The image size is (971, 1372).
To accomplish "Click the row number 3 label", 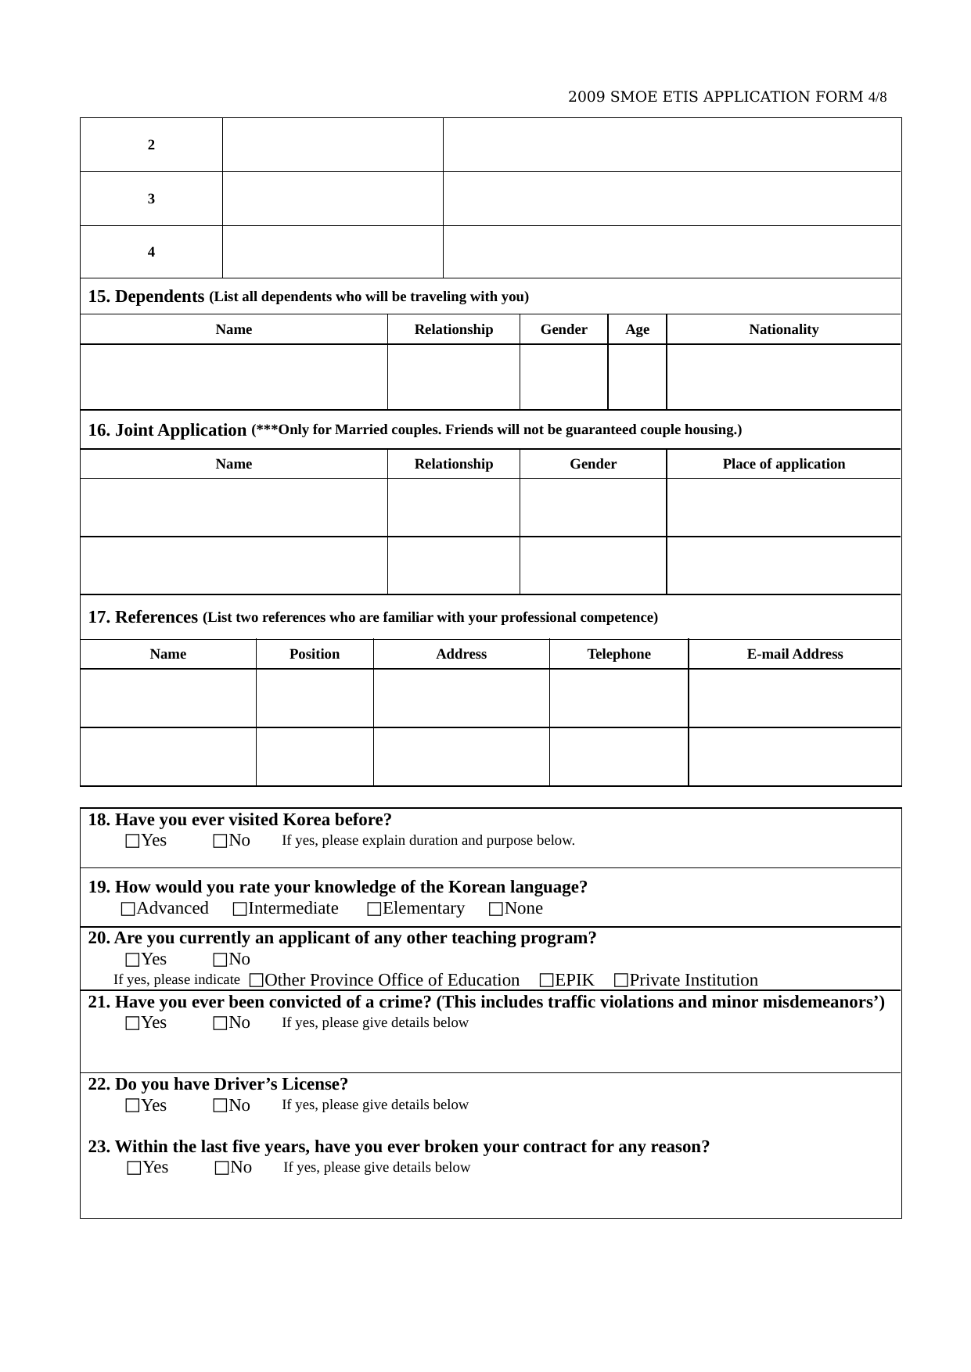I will click(151, 199).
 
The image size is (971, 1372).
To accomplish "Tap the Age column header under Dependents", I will click(637, 329).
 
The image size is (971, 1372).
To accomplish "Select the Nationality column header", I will click(783, 329).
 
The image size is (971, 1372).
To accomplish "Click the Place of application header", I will click(783, 464).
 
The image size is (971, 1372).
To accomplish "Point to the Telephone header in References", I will click(618, 654).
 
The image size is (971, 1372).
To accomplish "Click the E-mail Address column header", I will click(794, 654).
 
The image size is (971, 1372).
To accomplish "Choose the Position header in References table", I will click(315, 654).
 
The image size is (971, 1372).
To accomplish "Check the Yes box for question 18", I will click(132, 841).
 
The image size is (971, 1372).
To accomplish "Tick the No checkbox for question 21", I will click(221, 1023).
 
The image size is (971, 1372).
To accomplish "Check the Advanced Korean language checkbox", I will click(128, 909).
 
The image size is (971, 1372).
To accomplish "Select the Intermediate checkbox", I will click(240, 909).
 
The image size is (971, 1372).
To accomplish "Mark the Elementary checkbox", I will click(374, 909).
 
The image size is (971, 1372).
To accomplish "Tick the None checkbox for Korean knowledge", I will click(496, 909).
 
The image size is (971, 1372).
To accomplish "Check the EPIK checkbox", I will click(547, 981).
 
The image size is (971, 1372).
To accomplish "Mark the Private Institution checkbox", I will click(621, 981).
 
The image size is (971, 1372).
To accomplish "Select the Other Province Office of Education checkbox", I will click(257, 981).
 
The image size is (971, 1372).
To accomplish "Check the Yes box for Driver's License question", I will click(132, 1106).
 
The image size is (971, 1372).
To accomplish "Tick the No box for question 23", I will click(222, 1169).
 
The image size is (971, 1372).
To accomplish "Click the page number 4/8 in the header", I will click(877, 98).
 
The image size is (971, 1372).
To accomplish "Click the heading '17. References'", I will click(142, 617).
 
